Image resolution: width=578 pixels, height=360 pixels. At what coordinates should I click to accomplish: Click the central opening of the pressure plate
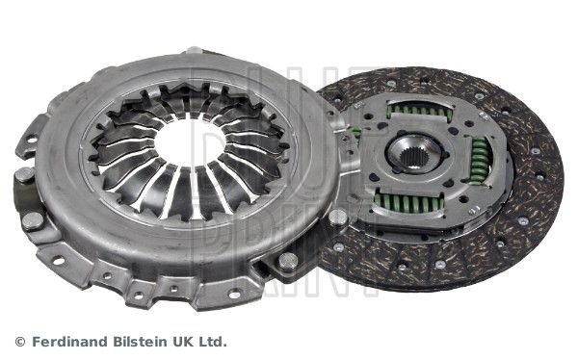[x=189, y=141]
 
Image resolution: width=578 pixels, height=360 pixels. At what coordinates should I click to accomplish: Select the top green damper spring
[x=419, y=112]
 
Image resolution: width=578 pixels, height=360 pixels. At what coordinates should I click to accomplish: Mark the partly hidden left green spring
[x=356, y=134]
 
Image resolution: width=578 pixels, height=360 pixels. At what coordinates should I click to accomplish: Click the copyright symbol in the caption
[x=20, y=341]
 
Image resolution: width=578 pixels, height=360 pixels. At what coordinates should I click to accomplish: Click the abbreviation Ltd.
[x=212, y=341]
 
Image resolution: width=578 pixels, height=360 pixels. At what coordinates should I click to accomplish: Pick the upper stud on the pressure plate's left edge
[x=24, y=175]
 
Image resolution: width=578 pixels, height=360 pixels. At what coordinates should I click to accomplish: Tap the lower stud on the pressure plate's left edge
[x=33, y=219]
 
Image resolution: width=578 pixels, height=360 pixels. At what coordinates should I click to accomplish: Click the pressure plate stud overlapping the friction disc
[x=337, y=218]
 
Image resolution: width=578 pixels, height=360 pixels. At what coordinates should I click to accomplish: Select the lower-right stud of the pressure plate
[x=287, y=260]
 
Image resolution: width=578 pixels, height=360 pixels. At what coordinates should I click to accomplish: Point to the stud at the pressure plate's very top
[x=194, y=50]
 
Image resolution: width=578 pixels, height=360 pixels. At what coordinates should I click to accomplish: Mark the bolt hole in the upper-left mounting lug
[x=31, y=141]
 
